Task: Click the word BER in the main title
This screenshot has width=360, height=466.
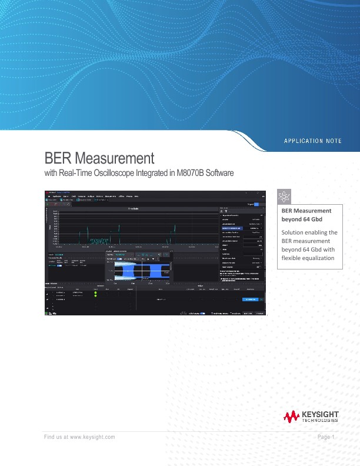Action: pos(58,158)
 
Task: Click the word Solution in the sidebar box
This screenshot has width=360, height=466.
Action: pos(294,232)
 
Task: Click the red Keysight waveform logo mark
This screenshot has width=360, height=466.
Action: pos(291,417)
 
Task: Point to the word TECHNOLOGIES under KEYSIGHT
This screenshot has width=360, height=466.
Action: pos(319,421)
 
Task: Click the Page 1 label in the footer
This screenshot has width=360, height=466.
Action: pos(325,437)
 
